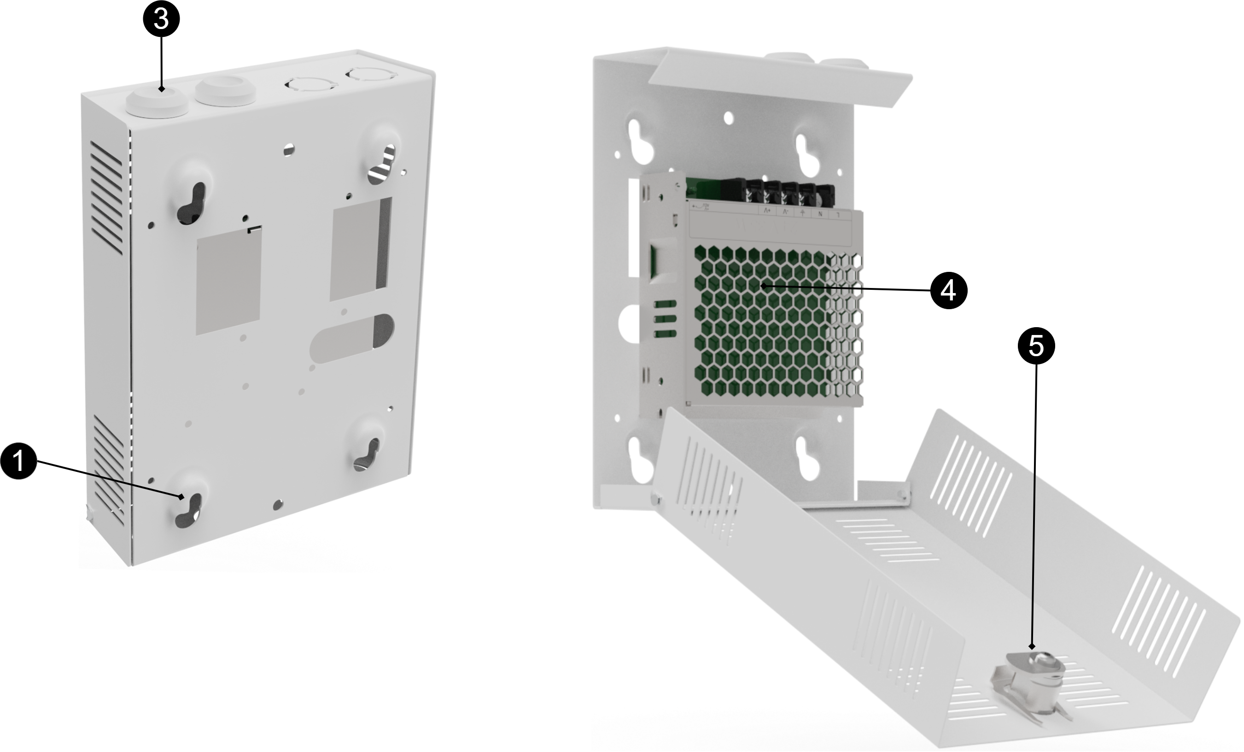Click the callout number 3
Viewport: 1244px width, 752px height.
(161, 20)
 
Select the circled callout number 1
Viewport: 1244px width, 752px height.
(19, 461)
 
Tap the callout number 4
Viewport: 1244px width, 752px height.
(948, 291)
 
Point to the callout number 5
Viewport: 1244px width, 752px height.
(1035, 347)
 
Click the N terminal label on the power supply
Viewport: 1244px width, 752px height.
(820, 214)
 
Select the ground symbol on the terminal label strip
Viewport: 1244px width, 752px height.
(803, 212)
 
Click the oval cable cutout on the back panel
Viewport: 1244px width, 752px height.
(352, 337)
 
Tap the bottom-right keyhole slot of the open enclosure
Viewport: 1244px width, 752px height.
(809, 458)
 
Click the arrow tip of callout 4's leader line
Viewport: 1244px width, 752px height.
(763, 286)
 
